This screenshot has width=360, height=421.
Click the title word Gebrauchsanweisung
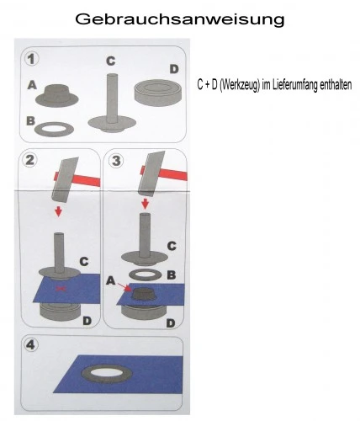click(180, 19)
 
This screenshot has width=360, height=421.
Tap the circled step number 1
click(32, 59)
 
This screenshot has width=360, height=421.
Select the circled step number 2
click(30, 160)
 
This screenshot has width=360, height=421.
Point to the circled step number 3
click(116, 161)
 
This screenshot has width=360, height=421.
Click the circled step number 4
click(30, 344)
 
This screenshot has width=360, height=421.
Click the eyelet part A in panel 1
click(57, 95)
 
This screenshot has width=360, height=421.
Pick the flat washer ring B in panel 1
click(54, 129)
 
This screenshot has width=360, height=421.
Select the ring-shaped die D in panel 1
click(158, 91)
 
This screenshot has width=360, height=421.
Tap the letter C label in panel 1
click(111, 61)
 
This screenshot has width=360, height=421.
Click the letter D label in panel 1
click(174, 69)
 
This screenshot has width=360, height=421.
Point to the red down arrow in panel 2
click(58, 211)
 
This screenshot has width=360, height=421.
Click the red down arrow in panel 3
click(145, 204)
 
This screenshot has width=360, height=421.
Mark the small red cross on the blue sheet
click(61, 288)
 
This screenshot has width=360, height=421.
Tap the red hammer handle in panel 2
click(82, 179)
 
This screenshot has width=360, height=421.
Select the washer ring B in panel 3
click(145, 274)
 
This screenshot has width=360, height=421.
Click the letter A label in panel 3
click(111, 280)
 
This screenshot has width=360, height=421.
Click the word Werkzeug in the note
click(240, 85)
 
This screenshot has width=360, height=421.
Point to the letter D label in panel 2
click(87, 321)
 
